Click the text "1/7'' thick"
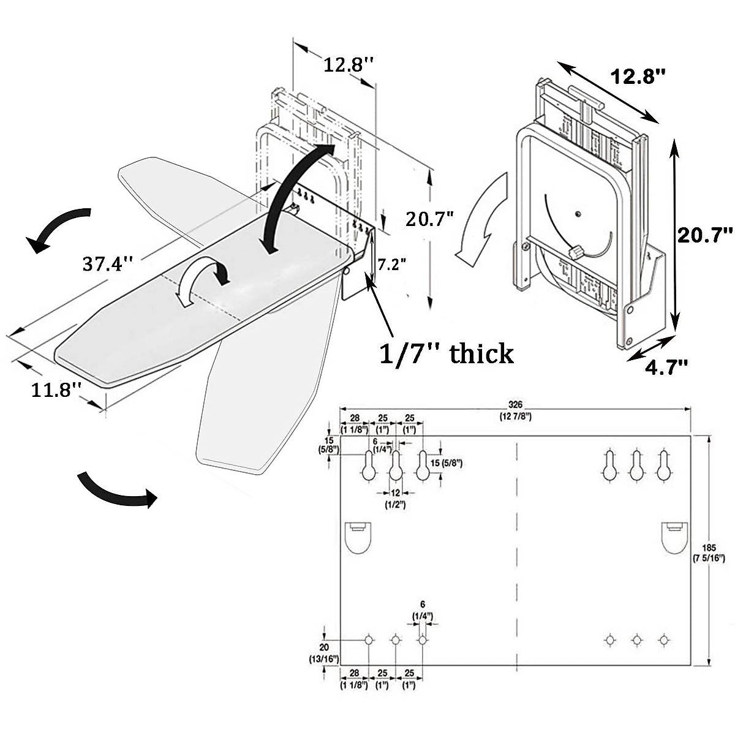[x=447, y=353]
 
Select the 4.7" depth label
[x=666, y=366]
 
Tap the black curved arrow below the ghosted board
[x=116, y=490]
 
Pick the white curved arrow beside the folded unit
[x=484, y=221]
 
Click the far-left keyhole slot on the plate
[x=369, y=466]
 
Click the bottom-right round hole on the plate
[x=663, y=639]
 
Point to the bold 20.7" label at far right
[x=704, y=233]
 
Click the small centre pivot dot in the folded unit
[x=578, y=214]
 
